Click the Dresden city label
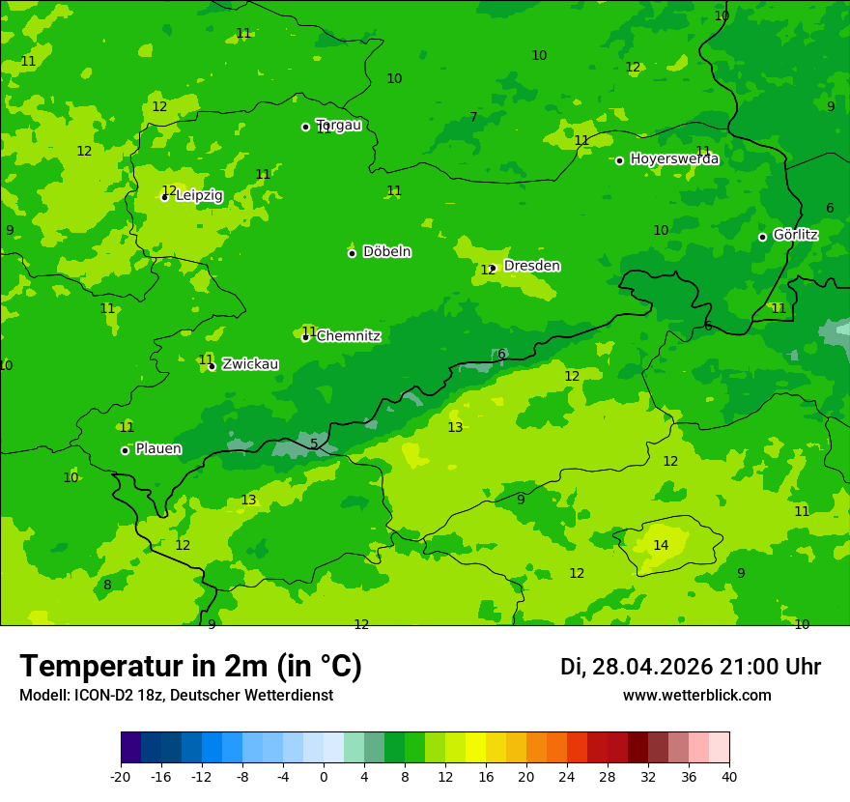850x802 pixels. (x=531, y=266)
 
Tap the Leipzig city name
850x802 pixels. (x=199, y=195)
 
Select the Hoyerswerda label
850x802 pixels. (x=674, y=159)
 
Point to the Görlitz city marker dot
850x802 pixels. (x=762, y=237)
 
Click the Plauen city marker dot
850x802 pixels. (x=125, y=450)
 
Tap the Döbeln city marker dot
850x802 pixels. (x=352, y=253)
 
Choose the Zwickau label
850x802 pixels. (x=250, y=364)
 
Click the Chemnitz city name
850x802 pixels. (x=349, y=336)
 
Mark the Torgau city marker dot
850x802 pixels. (x=305, y=127)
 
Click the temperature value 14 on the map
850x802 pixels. (x=661, y=545)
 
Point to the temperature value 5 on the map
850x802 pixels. (x=314, y=444)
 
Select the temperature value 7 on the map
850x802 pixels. (x=473, y=117)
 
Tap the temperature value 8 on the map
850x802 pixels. (x=107, y=585)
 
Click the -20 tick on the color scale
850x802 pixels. (x=121, y=776)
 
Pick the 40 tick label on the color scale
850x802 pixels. (x=729, y=776)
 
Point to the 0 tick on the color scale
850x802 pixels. (x=324, y=776)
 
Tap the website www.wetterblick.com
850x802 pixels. (x=696, y=696)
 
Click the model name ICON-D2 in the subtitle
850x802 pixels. (x=102, y=696)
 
